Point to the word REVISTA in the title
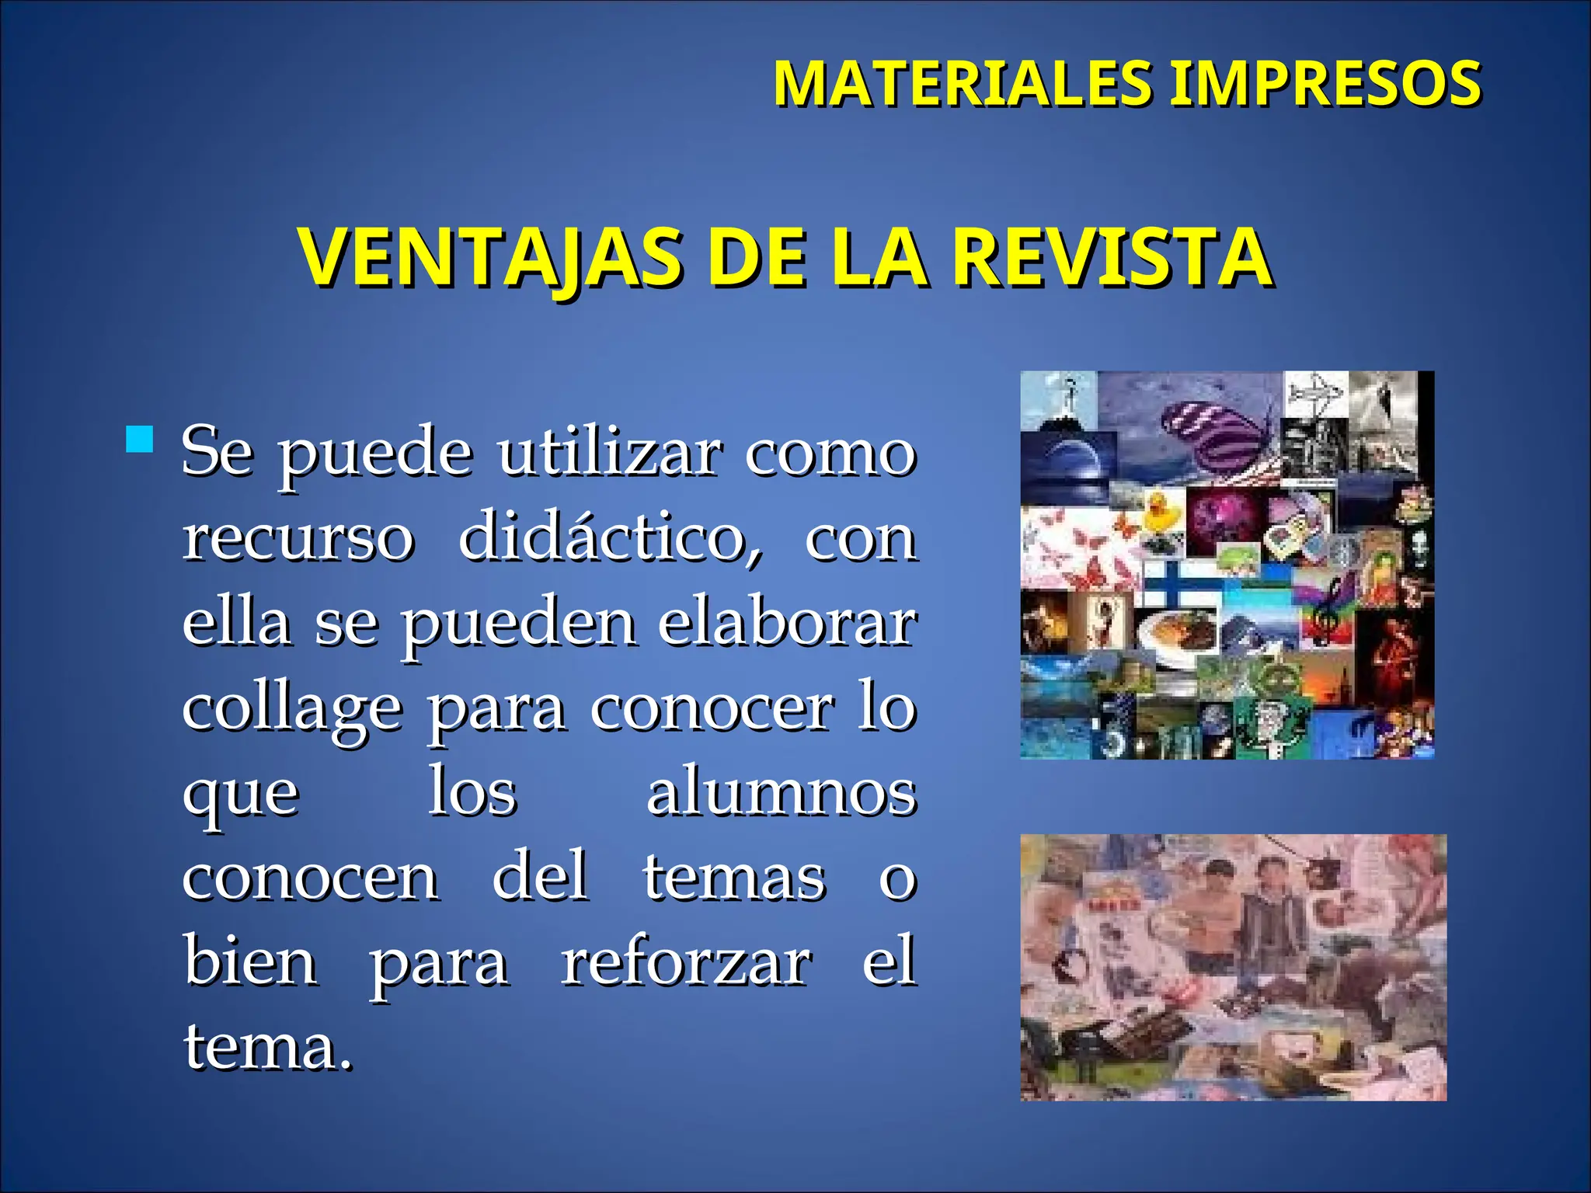click(1112, 258)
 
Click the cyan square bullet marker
click(140, 439)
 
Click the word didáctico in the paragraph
click(611, 537)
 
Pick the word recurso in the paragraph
click(298, 537)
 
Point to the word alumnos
click(782, 794)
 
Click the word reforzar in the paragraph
click(687, 963)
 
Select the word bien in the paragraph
click(250, 963)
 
